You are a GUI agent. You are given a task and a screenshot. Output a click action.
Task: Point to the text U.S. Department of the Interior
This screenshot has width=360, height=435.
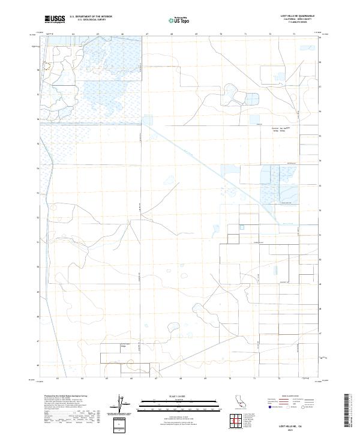(x=91, y=17)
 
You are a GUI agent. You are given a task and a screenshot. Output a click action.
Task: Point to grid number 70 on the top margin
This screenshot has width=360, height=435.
(x=221, y=34)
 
